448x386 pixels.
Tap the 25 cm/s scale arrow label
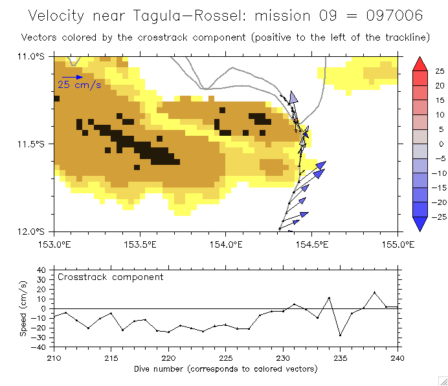tap(80, 84)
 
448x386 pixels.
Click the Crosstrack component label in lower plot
tap(110, 277)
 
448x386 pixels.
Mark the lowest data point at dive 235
tap(340, 336)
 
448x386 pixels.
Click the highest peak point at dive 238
tap(374, 292)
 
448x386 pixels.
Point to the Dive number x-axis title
tap(225, 369)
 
